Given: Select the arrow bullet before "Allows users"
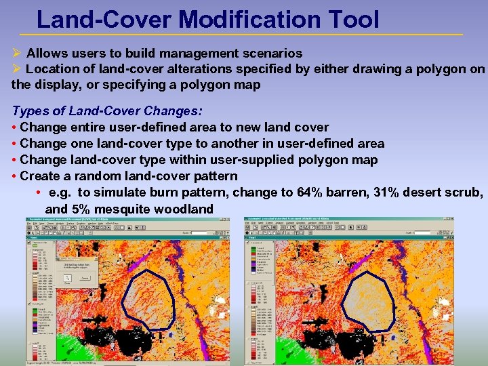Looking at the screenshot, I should point(17,53).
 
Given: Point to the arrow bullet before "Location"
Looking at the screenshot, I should point(17,69).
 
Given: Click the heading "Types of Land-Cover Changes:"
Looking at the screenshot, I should point(107,110).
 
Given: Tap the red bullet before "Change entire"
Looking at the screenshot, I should point(14,127).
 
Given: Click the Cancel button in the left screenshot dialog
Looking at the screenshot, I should point(85,277).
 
